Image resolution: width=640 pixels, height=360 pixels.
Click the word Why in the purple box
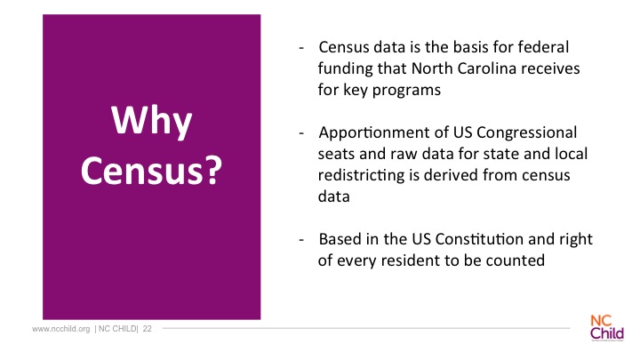(x=151, y=121)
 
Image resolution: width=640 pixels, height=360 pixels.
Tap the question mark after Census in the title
(x=212, y=170)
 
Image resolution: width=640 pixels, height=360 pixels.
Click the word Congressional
(x=526, y=133)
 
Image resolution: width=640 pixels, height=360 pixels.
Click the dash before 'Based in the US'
(x=301, y=240)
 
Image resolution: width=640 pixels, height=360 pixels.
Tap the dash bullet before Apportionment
(x=301, y=133)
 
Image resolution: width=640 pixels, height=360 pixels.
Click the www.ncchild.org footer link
(x=60, y=329)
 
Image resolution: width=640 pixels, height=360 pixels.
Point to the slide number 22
(x=148, y=329)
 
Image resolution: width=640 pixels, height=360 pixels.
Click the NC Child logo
(x=607, y=328)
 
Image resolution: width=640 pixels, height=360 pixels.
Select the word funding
(x=345, y=69)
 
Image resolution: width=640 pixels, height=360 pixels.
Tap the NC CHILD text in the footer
(x=117, y=329)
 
